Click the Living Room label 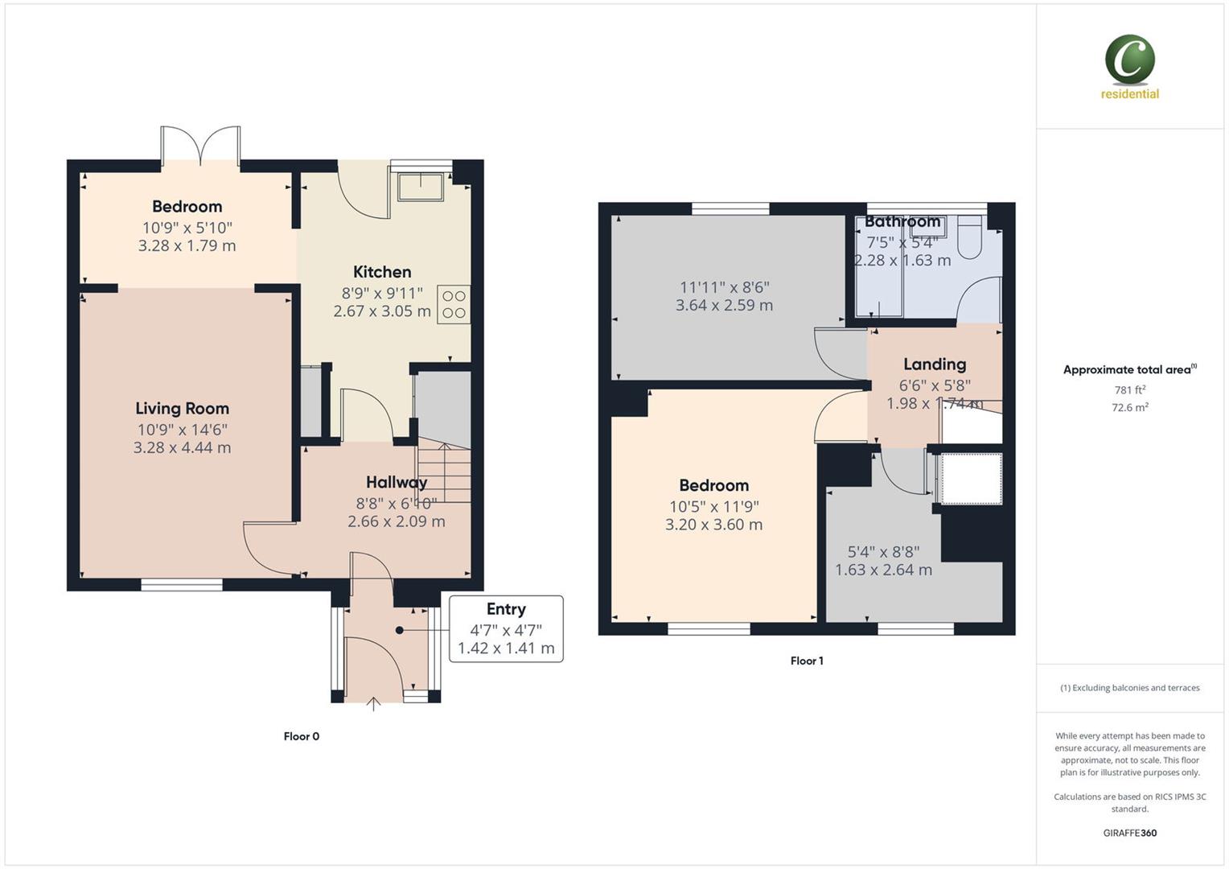tap(182, 409)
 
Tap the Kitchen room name tap(382, 272)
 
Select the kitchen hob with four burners tap(454, 304)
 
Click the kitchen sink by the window tap(421, 186)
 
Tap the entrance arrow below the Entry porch tap(373, 705)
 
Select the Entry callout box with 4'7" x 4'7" tap(506, 629)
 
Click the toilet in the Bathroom tap(970, 237)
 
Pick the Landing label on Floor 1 tap(934, 364)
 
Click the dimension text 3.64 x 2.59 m tap(724, 306)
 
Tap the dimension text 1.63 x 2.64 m tap(883, 570)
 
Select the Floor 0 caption tap(302, 736)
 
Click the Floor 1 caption tap(807, 661)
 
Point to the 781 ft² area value tap(1130, 390)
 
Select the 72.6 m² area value tap(1130, 408)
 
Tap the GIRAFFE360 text tap(1130, 833)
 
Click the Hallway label tap(396, 483)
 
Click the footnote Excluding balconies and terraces tap(1130, 688)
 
